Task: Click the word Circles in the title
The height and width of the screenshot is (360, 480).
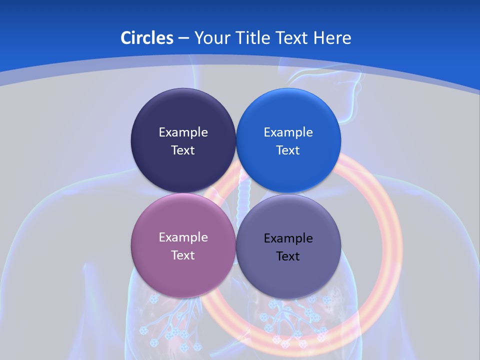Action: (x=147, y=37)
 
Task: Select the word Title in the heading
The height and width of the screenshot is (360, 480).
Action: (x=258, y=37)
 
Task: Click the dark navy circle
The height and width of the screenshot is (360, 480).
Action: (x=183, y=115)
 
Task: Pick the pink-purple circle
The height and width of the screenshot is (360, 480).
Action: (x=183, y=272)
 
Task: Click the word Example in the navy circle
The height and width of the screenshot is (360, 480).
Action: (x=183, y=132)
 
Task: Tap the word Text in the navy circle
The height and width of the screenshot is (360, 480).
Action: (x=183, y=150)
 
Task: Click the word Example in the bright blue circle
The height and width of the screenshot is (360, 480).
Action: (x=288, y=132)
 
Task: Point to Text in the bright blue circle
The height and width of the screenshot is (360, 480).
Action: (x=288, y=150)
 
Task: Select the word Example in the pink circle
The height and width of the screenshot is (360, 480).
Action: (x=183, y=237)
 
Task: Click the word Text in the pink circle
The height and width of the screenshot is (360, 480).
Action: (x=183, y=255)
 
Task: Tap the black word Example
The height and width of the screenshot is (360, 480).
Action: (x=288, y=238)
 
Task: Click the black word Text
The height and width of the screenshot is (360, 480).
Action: (x=288, y=256)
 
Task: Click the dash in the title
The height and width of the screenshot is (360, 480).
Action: (x=183, y=38)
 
